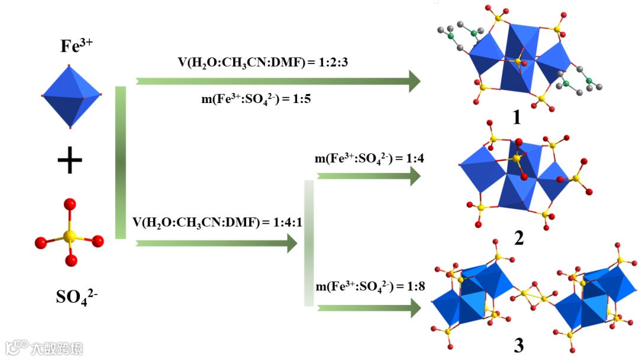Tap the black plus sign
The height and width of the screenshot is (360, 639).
pyautogui.click(x=70, y=162)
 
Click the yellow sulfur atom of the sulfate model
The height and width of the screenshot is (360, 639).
pyautogui.click(x=70, y=237)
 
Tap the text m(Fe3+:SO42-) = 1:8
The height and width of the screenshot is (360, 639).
pyautogui.click(x=369, y=287)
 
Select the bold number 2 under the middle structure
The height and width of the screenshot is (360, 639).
pyautogui.click(x=519, y=238)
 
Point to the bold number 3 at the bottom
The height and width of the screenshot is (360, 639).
pyautogui.click(x=519, y=345)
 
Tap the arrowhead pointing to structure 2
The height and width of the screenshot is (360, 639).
pyautogui.click(x=415, y=176)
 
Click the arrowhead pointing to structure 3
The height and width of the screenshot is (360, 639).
pyautogui.click(x=415, y=308)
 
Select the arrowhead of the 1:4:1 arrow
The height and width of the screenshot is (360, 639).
pyautogui.click(x=292, y=243)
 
